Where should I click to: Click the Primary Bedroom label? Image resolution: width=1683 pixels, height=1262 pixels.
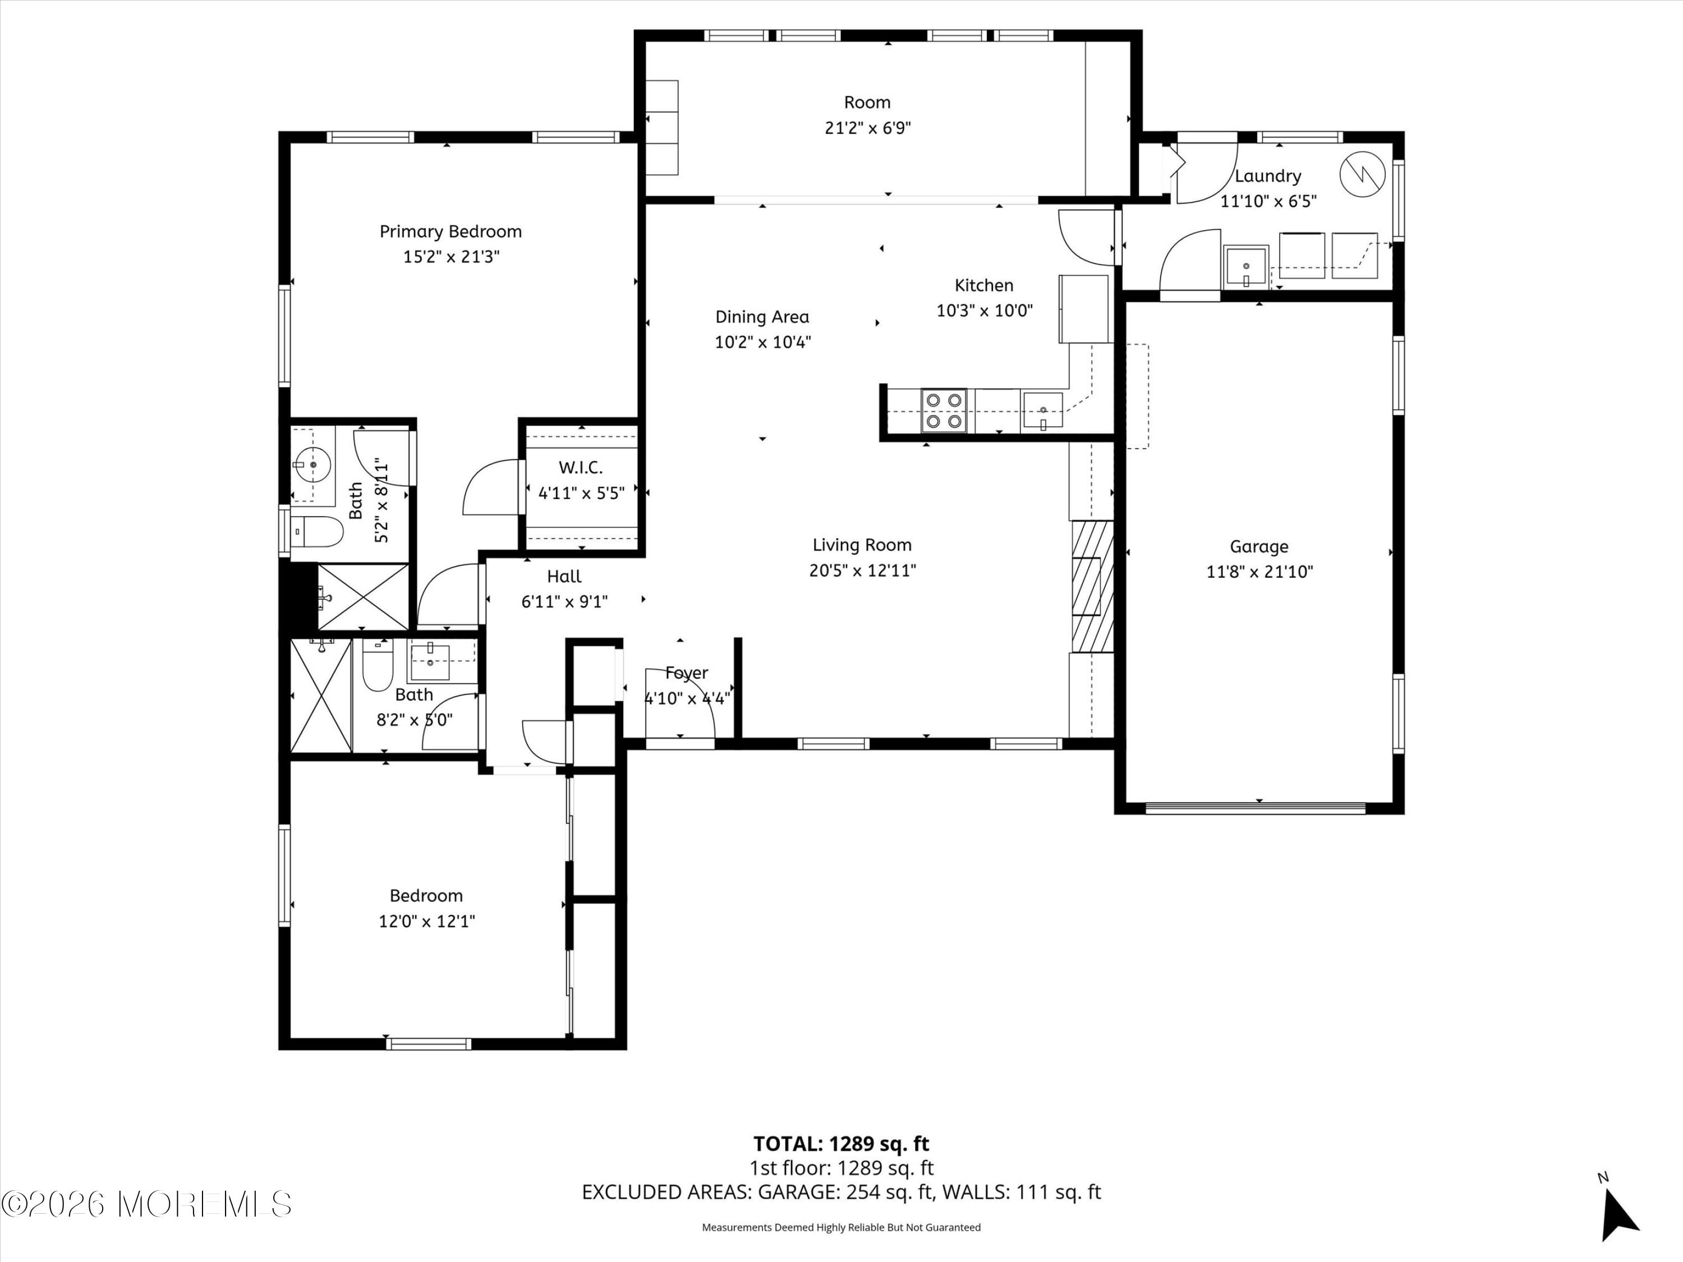450,231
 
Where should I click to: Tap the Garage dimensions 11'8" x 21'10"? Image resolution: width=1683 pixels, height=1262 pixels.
1259,572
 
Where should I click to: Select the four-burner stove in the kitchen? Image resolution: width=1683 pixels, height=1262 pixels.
944,411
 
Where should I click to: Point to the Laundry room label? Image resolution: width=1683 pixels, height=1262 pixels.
1267,176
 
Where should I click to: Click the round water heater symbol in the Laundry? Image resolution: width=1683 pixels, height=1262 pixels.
1362,174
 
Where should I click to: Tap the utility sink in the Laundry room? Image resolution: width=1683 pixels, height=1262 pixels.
1245,266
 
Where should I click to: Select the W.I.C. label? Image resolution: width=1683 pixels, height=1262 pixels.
581,468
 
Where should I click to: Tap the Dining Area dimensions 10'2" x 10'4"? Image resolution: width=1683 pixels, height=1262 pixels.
762,342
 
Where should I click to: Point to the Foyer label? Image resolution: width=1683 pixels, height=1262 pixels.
686,673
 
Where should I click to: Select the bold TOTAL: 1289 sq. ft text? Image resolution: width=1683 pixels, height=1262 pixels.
841,1143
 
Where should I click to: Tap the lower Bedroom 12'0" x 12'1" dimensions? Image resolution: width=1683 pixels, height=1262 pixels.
427,921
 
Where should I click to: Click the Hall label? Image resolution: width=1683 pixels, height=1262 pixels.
564,577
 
